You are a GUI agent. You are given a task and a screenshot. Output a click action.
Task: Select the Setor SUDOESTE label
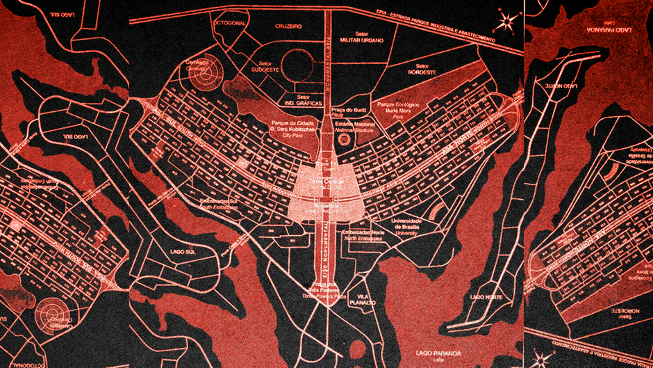click(265, 66)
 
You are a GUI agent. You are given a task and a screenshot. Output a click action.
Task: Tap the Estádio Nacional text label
click(354, 126)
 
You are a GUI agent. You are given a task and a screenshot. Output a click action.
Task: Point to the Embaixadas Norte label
click(361, 233)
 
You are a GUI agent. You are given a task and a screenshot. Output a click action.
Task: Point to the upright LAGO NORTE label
click(485, 297)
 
